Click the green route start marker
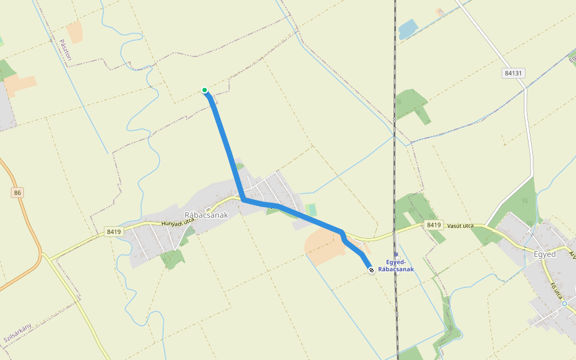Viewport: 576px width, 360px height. tap(205, 91)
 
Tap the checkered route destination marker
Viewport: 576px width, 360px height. tap(371, 270)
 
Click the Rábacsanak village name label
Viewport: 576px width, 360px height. tap(206, 215)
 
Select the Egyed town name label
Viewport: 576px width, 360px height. tap(545, 254)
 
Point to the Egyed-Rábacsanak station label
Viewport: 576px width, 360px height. tap(396, 266)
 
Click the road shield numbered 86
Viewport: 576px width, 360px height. tap(17, 193)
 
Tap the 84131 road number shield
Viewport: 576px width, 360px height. tap(514, 73)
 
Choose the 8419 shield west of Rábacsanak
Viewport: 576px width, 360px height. tap(113, 231)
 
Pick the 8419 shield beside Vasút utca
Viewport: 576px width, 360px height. tap(434, 224)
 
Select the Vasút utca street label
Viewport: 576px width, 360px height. tap(460, 226)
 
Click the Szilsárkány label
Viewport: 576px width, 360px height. tap(17, 332)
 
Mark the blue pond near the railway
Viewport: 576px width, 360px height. tap(407, 28)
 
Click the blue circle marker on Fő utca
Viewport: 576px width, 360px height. tap(565, 304)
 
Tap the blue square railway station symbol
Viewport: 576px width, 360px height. tap(396, 254)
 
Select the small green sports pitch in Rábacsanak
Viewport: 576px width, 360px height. tap(311, 210)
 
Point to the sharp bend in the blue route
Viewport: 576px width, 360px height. tap(243, 198)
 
